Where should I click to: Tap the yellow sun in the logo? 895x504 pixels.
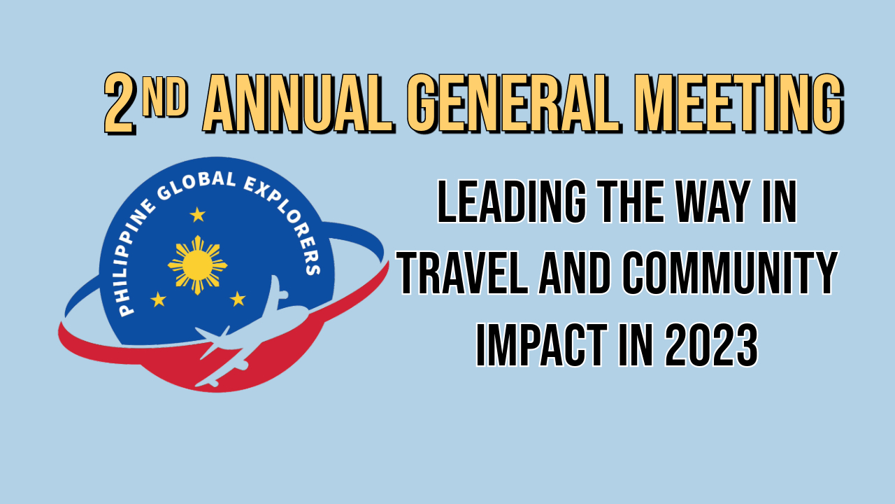click(198, 264)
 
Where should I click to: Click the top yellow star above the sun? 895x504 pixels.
click(198, 214)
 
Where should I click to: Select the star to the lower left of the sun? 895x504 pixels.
click(159, 300)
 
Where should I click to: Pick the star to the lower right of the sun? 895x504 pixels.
click(238, 299)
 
